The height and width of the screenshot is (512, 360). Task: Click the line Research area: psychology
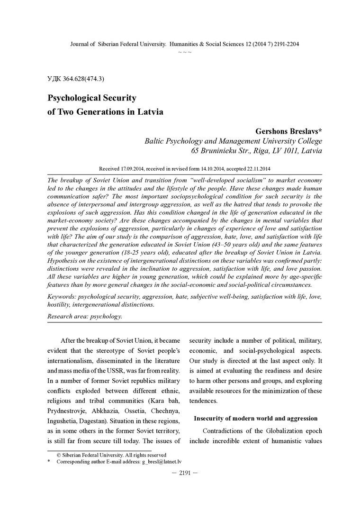tap(85, 316)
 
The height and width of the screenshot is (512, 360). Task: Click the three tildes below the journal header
tap(185, 51)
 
